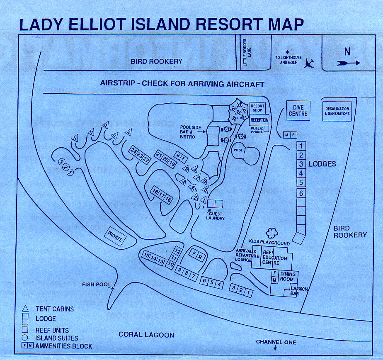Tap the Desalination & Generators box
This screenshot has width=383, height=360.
pyautogui.click(x=337, y=111)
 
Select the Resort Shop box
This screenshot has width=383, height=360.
pyautogui.click(x=257, y=108)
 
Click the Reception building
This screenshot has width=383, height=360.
pyautogui.click(x=259, y=120)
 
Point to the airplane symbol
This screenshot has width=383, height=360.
pyautogui.click(x=309, y=63)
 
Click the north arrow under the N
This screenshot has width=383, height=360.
pyautogui.click(x=348, y=63)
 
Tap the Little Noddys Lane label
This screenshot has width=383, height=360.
pyautogui.click(x=245, y=52)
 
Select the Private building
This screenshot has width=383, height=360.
pyautogui.click(x=115, y=236)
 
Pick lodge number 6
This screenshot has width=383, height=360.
pyautogui.click(x=301, y=193)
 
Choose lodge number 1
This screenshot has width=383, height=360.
pyautogui.click(x=301, y=146)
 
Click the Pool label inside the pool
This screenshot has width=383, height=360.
pyautogui.click(x=238, y=150)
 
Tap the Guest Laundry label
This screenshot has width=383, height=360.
pyautogui.click(x=216, y=216)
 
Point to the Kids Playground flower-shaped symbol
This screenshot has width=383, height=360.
pyautogui.click(x=272, y=233)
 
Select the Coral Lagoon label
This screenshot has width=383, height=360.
pyautogui.click(x=146, y=334)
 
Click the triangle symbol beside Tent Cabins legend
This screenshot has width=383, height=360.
pyautogui.click(x=26, y=309)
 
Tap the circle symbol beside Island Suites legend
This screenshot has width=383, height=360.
pyautogui.click(x=26, y=338)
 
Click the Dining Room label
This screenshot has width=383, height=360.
pyautogui.click(x=288, y=276)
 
